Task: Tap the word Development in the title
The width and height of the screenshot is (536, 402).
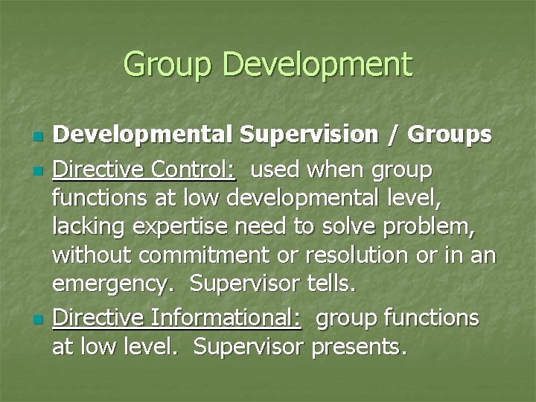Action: coord(316,65)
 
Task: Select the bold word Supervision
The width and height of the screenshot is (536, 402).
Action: coord(313,135)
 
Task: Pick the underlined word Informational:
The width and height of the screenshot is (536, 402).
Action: coord(226,319)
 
